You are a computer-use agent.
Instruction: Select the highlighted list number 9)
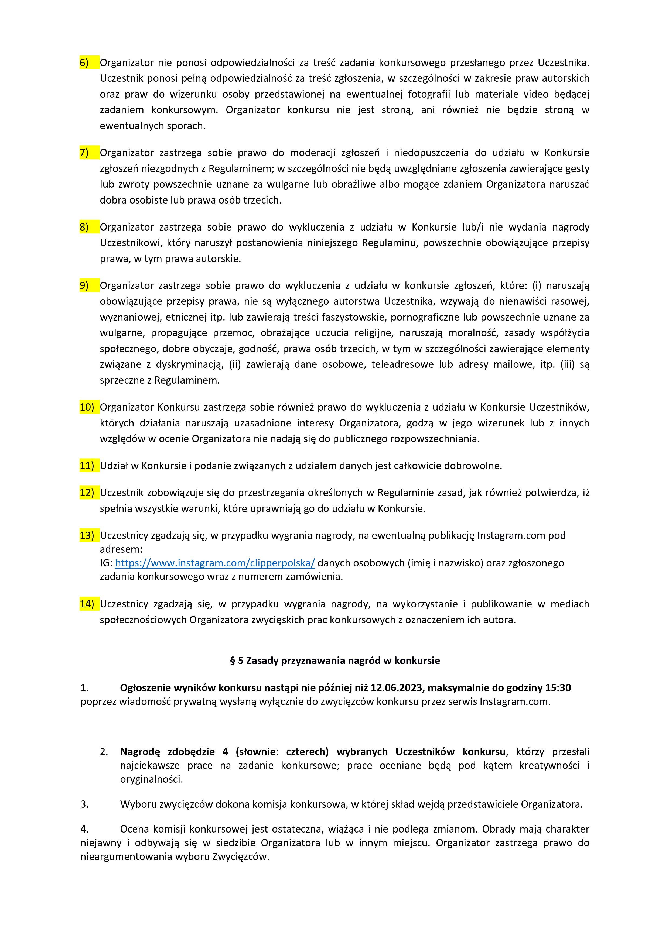coord(84,285)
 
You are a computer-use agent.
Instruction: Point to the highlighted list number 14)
coord(87,604)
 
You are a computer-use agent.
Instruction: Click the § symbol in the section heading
coord(233,661)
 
